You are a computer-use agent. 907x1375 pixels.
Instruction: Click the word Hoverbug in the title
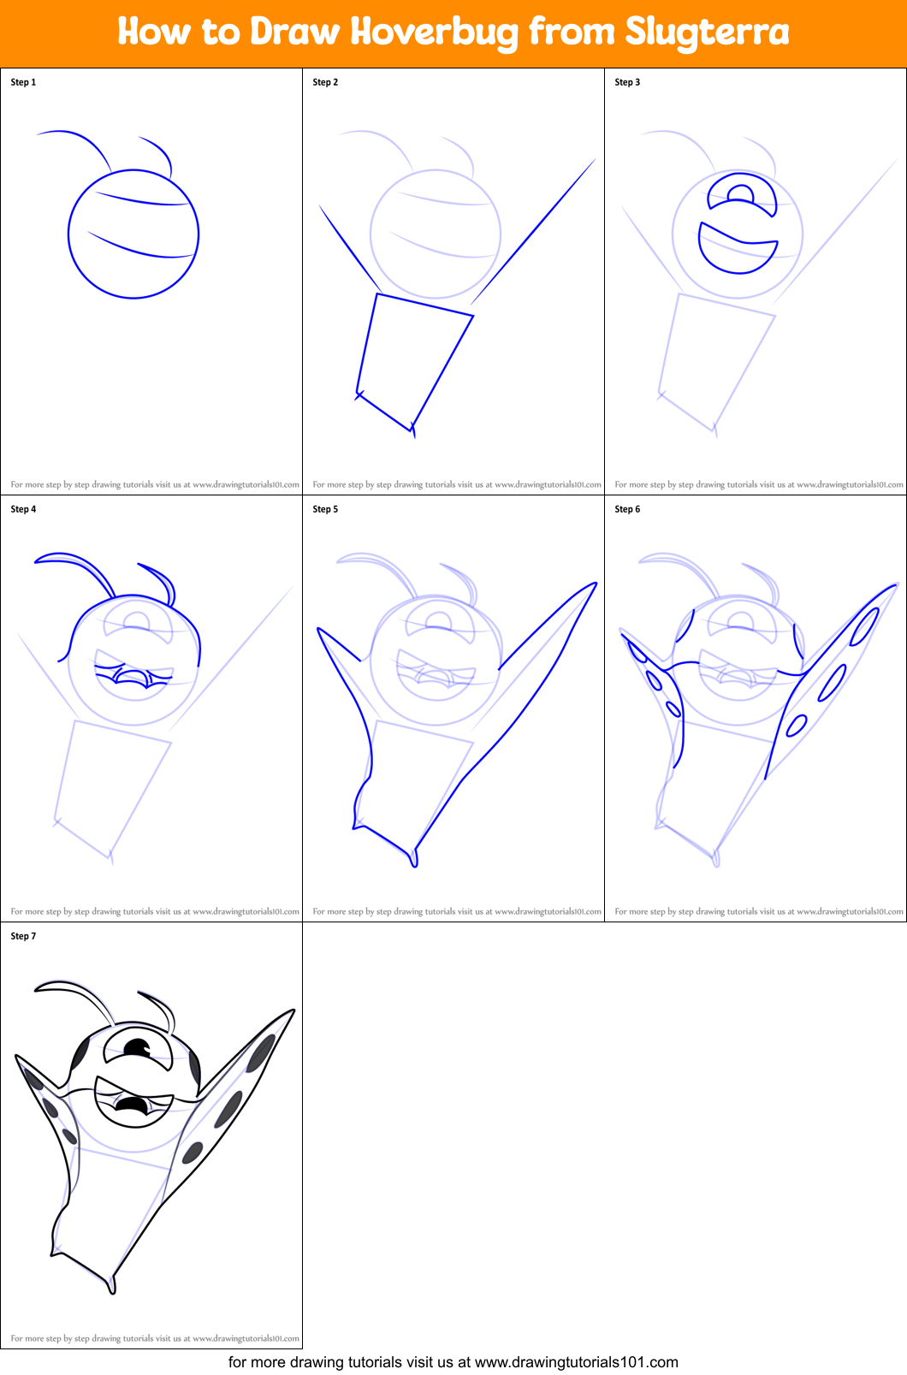(x=434, y=33)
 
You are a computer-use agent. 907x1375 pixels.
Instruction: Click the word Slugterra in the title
(x=707, y=33)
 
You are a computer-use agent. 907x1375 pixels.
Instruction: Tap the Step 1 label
(x=23, y=82)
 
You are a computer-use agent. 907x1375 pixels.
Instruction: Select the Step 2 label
(x=325, y=82)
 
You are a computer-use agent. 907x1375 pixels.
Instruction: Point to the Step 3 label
(x=627, y=82)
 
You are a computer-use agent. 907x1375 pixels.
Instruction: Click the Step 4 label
(x=23, y=509)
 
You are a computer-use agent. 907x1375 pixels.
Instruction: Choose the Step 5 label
(x=325, y=509)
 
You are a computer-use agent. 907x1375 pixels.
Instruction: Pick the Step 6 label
(x=627, y=509)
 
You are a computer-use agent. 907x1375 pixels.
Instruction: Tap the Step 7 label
(x=23, y=936)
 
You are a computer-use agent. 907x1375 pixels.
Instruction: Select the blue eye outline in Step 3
(x=742, y=195)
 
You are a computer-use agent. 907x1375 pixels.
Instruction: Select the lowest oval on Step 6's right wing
(x=796, y=726)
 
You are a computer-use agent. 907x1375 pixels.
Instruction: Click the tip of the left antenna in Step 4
(x=37, y=560)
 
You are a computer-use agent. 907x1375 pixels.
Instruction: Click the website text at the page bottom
(x=453, y=1362)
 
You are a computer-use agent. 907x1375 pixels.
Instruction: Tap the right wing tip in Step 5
(x=595, y=584)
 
